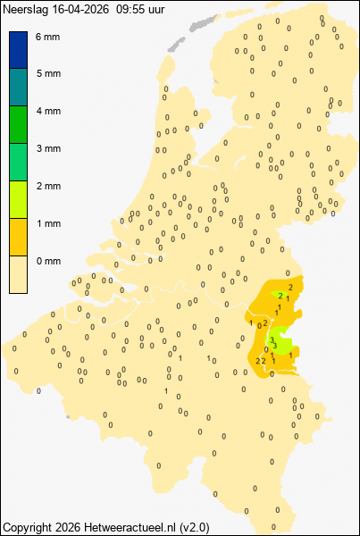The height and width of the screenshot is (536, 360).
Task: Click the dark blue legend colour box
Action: coord(19,50)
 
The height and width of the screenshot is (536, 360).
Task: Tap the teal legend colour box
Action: coord(19,88)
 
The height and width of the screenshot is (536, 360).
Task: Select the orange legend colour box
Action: coord(19,238)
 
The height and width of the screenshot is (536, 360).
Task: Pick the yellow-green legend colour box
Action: coord(19,200)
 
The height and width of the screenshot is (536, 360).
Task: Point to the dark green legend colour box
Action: coord(19,125)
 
